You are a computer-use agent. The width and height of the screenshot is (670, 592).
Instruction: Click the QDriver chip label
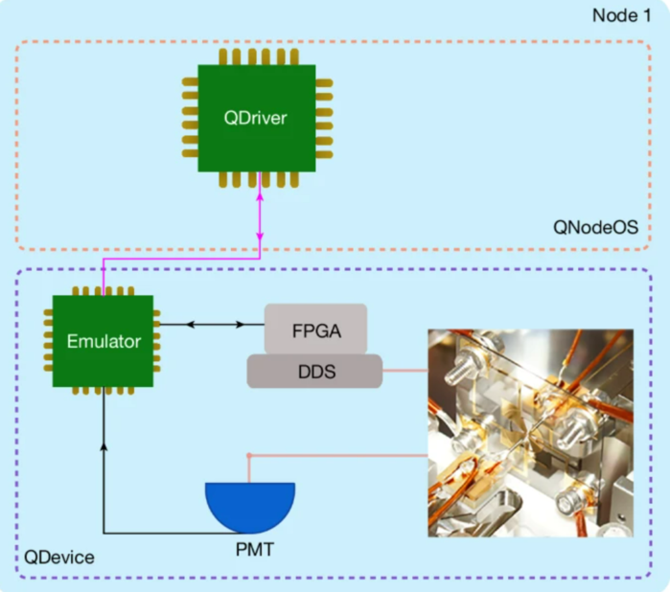(255, 118)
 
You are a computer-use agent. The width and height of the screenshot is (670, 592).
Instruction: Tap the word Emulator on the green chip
(104, 341)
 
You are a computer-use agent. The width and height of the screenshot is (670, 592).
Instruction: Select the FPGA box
(315, 330)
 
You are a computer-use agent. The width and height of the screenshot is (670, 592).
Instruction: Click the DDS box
(315, 371)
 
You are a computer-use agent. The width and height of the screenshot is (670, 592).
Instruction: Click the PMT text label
(255, 549)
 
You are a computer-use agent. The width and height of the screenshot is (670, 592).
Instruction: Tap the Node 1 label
(622, 15)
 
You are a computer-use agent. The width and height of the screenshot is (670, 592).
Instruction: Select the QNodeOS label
(595, 227)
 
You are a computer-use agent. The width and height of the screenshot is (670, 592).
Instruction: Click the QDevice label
(59, 558)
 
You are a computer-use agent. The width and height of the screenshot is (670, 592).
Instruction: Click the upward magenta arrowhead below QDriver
(260, 197)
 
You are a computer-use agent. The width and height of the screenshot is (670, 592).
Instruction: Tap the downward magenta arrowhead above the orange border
(260, 237)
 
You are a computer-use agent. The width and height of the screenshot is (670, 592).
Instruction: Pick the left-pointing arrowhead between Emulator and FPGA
(191, 325)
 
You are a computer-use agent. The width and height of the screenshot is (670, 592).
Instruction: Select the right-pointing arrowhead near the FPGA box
(241, 325)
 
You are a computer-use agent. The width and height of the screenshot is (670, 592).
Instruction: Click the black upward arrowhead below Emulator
(104, 446)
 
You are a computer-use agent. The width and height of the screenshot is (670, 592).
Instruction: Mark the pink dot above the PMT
(249, 456)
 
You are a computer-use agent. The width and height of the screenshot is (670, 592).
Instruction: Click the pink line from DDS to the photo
(405, 371)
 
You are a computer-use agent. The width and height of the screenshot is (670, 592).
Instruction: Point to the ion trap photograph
(531, 433)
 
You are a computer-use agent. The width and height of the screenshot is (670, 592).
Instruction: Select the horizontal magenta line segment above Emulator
(181, 259)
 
